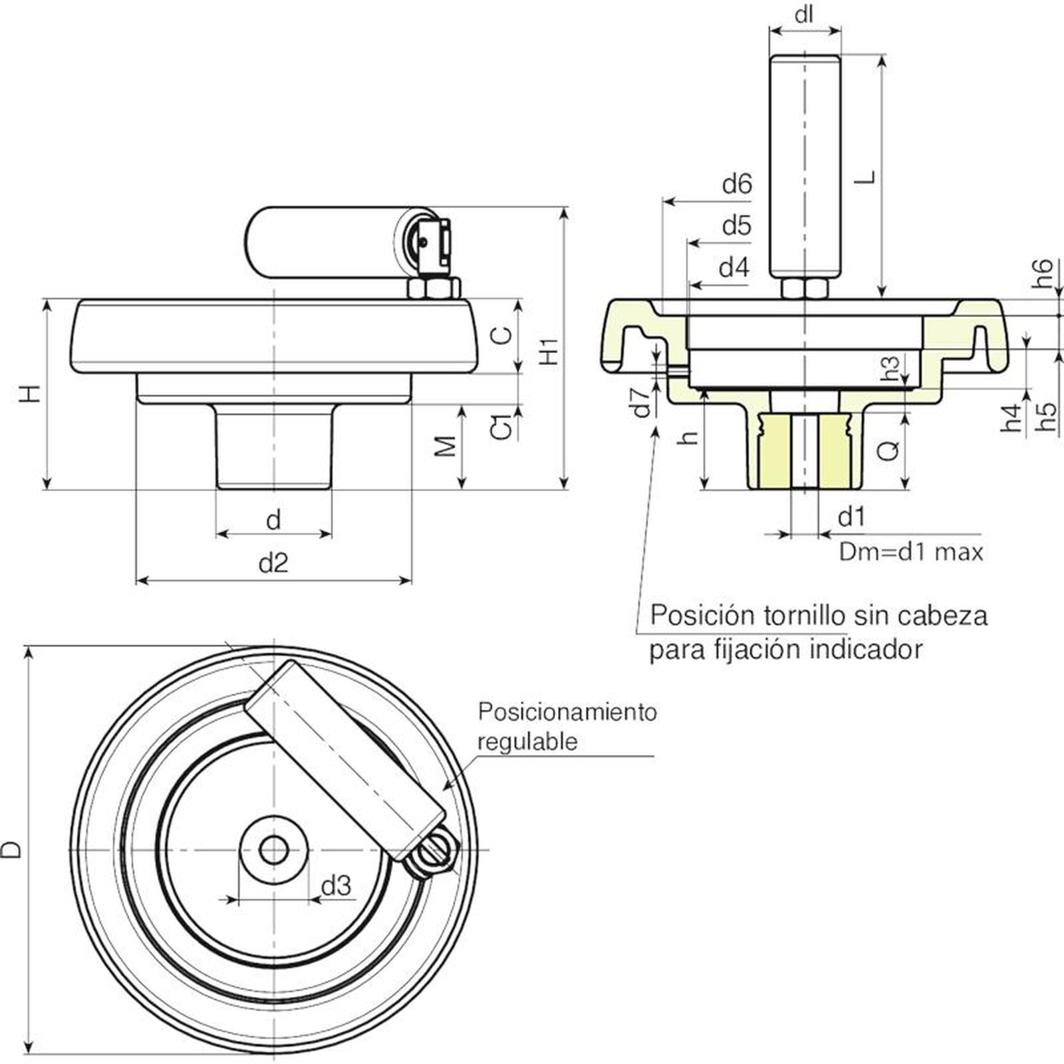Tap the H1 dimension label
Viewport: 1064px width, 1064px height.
[x=549, y=350]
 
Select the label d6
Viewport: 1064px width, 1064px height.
[x=737, y=184]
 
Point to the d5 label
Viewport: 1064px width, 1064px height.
[x=737, y=226]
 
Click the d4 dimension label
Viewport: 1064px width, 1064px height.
[x=734, y=268]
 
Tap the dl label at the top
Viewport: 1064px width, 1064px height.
[x=805, y=14]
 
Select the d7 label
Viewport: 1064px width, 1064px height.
[x=642, y=402]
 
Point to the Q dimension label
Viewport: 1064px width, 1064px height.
[x=888, y=451]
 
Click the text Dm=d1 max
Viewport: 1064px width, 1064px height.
[x=910, y=552]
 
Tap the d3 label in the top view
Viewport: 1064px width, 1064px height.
[x=336, y=885]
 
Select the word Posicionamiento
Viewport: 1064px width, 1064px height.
[x=567, y=712]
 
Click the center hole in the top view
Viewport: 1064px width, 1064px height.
[x=273, y=849]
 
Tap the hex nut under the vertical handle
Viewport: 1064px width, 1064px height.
[x=805, y=289]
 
